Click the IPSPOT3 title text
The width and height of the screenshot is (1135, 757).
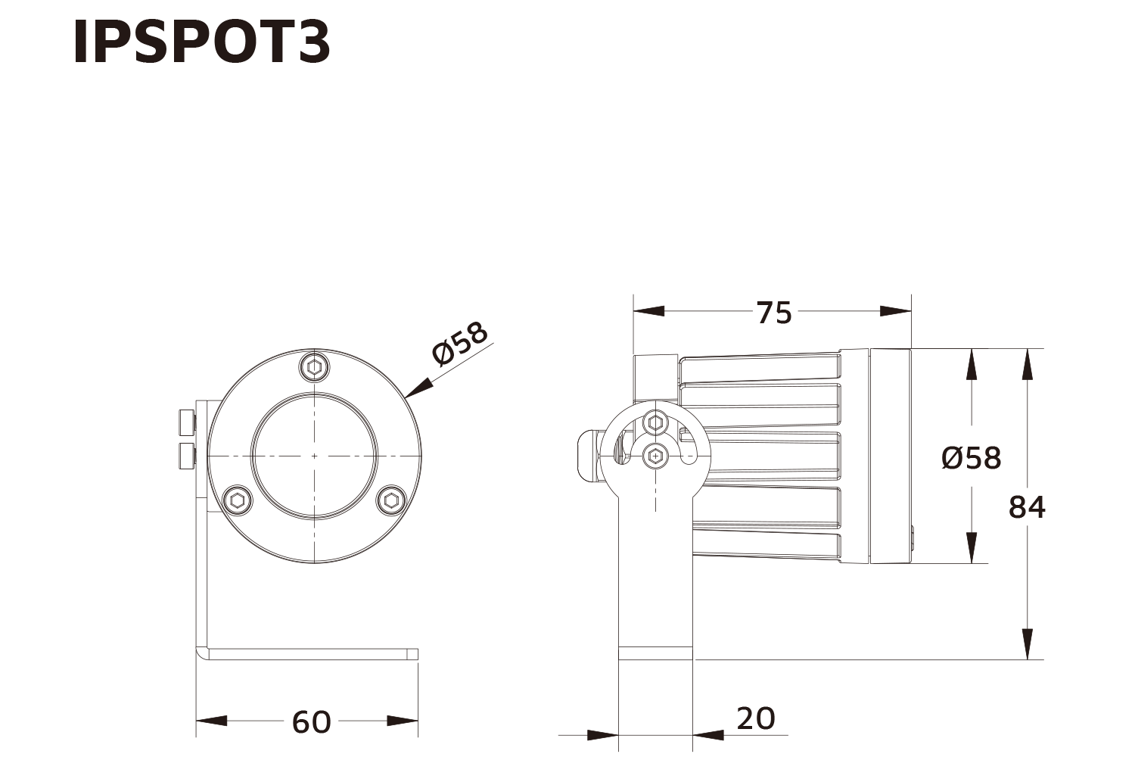click(201, 43)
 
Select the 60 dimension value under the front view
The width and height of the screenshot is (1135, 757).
click(311, 721)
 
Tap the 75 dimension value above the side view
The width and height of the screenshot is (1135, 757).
click(774, 312)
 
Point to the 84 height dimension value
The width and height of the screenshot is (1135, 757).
click(1027, 507)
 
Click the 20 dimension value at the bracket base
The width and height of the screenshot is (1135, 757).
click(755, 718)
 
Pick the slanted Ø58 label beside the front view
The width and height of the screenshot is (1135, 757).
click(460, 344)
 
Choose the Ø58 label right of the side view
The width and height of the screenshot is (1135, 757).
click(971, 458)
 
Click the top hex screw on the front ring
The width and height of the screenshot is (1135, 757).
click(314, 368)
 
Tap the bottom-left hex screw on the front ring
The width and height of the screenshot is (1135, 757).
click(238, 500)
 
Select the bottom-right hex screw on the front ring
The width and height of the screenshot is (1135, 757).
click(391, 500)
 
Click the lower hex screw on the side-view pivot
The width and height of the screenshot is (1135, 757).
click(655, 456)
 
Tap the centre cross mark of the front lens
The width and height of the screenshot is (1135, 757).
click(314, 456)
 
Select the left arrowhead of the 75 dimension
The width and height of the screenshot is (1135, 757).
click(648, 311)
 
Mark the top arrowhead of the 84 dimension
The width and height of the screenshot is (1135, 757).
click(1027, 363)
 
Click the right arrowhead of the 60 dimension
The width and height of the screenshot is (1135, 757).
click(403, 721)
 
